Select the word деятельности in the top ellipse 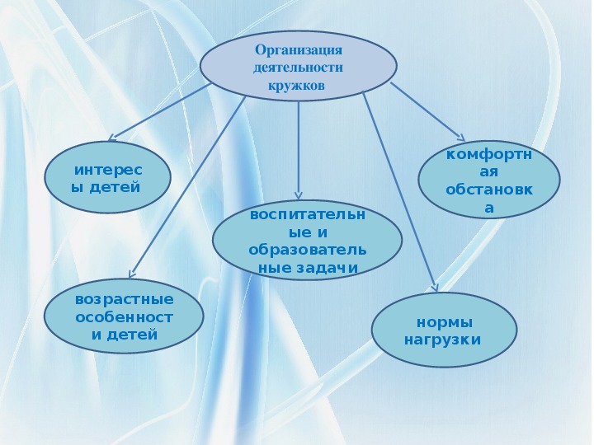(299, 67)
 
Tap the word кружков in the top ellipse (298, 85)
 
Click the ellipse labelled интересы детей (107, 177)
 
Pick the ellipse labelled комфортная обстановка (489, 181)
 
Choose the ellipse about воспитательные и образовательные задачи (308, 241)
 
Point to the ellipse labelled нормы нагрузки (445, 330)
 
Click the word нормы (445, 321)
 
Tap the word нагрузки (442, 339)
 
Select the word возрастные (125, 299)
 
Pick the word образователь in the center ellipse (308, 249)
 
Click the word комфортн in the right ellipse (489, 154)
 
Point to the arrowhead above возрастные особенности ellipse (132, 274)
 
